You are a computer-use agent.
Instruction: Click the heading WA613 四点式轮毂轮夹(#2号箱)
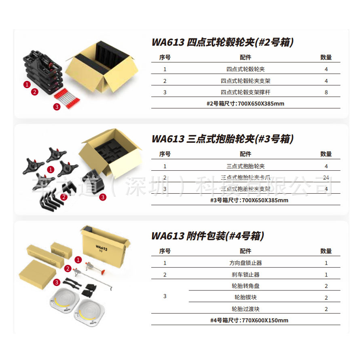tap(222, 42)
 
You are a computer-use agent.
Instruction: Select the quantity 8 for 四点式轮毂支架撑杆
tap(326, 92)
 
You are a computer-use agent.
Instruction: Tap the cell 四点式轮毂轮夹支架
tap(245, 81)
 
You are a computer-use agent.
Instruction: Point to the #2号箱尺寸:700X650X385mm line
tap(245, 104)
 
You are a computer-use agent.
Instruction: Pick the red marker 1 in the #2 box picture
tap(27, 85)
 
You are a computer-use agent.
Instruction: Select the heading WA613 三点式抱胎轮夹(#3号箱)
tap(222, 139)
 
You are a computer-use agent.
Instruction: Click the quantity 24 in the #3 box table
tap(326, 178)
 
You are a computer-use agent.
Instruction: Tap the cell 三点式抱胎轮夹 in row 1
tap(245, 166)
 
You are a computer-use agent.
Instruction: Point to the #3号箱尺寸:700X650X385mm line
tap(245, 200)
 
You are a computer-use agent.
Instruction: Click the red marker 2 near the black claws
tap(63, 197)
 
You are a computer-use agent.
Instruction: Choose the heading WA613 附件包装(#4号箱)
tap(207, 236)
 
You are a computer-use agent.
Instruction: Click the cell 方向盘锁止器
tap(245, 263)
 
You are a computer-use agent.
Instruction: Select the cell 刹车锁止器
tap(245, 275)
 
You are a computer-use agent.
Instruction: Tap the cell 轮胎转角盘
tap(245, 286)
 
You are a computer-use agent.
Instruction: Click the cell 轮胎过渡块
tap(245, 309)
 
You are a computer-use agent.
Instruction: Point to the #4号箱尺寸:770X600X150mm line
tap(245, 320)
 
